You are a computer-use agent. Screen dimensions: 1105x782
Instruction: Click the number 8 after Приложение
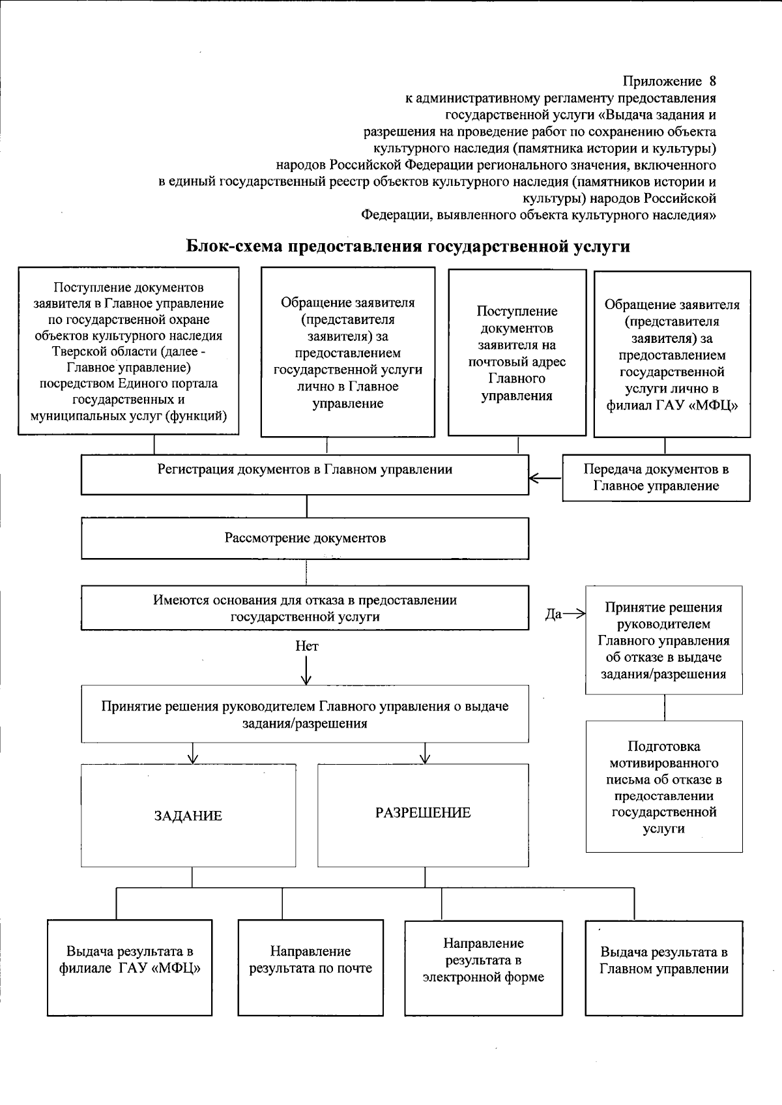(712, 81)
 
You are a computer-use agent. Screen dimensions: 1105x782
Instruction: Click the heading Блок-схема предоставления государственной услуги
(409, 246)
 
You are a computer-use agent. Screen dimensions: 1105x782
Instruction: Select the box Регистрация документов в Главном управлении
(305, 475)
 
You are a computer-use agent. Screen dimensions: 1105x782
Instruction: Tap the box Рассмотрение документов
(305, 538)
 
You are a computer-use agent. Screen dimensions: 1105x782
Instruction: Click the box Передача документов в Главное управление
(656, 478)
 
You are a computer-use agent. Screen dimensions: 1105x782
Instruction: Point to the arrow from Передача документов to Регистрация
(545, 479)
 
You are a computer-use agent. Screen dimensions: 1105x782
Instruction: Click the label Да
(553, 614)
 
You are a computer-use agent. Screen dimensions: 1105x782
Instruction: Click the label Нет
(307, 646)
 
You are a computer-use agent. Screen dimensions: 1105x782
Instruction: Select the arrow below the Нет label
(307, 671)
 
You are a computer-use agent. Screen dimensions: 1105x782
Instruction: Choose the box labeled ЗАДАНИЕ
(188, 816)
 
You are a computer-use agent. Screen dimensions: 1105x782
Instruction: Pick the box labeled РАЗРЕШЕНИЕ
(423, 813)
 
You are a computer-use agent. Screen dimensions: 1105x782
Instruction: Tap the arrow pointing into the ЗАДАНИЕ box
(192, 756)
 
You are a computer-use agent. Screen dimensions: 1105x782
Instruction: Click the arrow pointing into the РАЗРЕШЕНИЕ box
(426, 756)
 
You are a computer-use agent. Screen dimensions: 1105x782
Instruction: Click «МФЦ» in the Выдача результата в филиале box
(175, 968)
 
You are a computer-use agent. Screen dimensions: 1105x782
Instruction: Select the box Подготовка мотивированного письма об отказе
(664, 787)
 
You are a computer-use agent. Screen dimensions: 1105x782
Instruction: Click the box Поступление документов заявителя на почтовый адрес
(517, 353)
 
